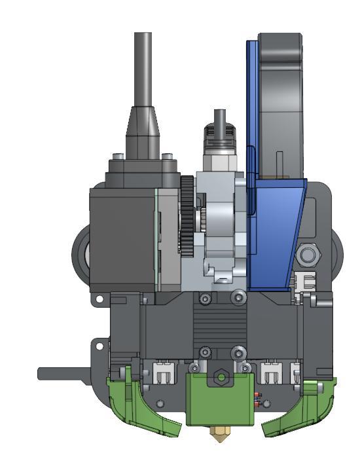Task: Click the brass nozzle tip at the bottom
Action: click(x=221, y=433)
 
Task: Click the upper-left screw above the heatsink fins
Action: click(x=206, y=299)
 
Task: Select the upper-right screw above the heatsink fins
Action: click(x=236, y=299)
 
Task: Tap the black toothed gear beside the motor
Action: click(x=187, y=216)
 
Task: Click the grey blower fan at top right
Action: click(x=281, y=98)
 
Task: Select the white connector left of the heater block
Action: click(x=165, y=375)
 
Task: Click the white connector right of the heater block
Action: click(x=271, y=375)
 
